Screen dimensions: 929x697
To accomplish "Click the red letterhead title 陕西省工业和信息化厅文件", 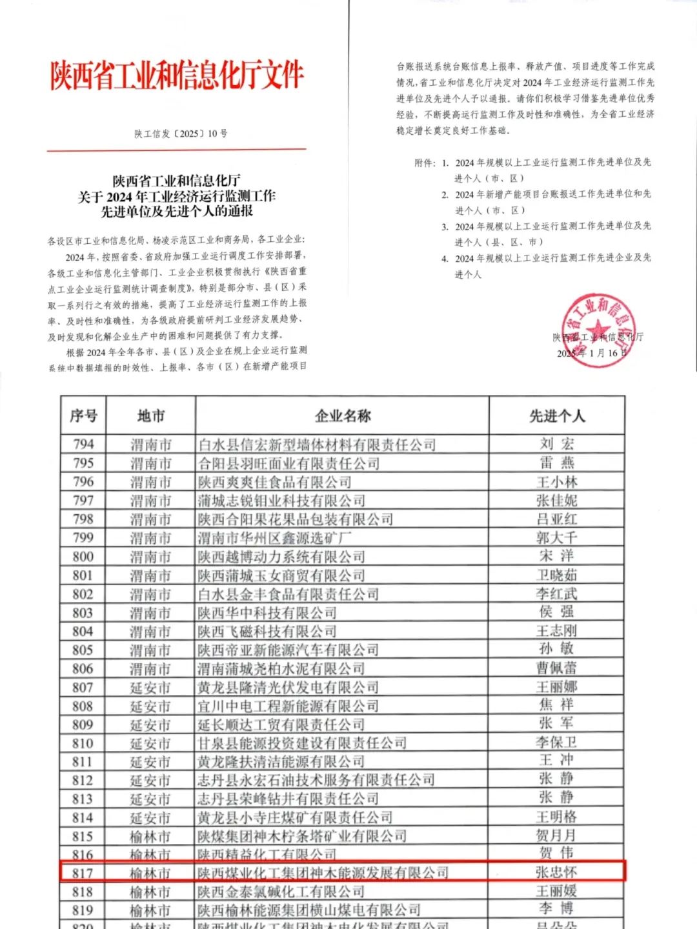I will tap(177, 75).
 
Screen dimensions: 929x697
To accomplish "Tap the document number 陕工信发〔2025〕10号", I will tap(181, 134).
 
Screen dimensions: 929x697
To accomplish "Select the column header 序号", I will tap(83, 416).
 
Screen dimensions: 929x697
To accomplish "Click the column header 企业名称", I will tap(342, 416).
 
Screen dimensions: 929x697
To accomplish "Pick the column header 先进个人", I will tap(557, 416).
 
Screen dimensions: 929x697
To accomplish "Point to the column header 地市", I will tap(150, 416).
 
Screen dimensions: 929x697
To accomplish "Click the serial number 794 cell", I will tap(83, 444).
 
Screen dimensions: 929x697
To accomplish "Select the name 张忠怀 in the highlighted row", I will tap(556, 872).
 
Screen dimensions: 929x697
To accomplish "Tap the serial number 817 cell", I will tap(83, 873).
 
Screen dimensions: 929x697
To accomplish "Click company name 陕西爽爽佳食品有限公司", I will tap(275, 482).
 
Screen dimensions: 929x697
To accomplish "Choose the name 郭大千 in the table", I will tap(556, 537).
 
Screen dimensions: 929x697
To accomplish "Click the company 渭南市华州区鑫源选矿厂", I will tap(275, 537).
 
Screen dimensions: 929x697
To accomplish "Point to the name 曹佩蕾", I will tap(556, 668).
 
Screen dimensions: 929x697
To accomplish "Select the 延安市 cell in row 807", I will tap(150, 688).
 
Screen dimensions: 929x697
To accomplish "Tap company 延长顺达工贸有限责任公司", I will tap(281, 724).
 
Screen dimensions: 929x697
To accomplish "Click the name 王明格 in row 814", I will tap(556, 817).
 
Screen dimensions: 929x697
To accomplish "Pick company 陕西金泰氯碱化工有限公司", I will tap(281, 892).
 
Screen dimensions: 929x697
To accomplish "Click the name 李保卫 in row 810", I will tap(556, 743).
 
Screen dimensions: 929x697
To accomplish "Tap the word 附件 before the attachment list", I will tap(424, 163).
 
